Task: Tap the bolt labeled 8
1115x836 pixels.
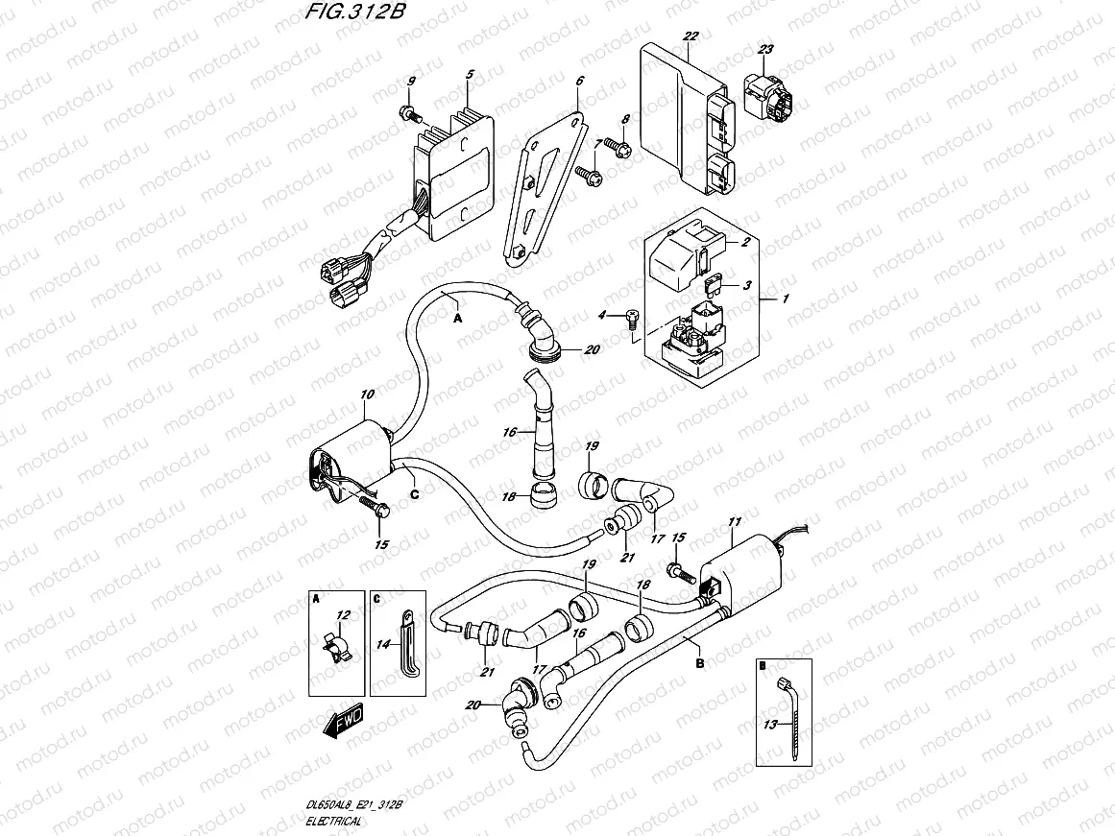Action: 620,148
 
